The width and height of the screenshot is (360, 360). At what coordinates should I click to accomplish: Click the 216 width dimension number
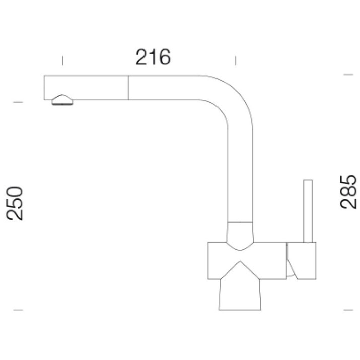tap(153, 57)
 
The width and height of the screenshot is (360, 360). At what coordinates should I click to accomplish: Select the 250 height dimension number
tap(15, 203)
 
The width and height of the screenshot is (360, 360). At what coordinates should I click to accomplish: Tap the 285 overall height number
tap(349, 192)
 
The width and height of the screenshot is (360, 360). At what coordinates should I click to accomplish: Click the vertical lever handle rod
tap(308, 211)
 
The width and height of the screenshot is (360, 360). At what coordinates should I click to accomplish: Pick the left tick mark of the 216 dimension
tap(62, 60)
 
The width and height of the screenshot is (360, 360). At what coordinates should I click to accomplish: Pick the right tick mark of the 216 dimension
tap(236, 60)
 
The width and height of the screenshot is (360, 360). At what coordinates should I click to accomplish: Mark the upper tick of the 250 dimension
tap(18, 102)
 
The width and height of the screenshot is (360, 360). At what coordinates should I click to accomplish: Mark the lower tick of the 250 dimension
tap(18, 310)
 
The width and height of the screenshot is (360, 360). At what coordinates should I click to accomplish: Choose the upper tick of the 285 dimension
tap(348, 75)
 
